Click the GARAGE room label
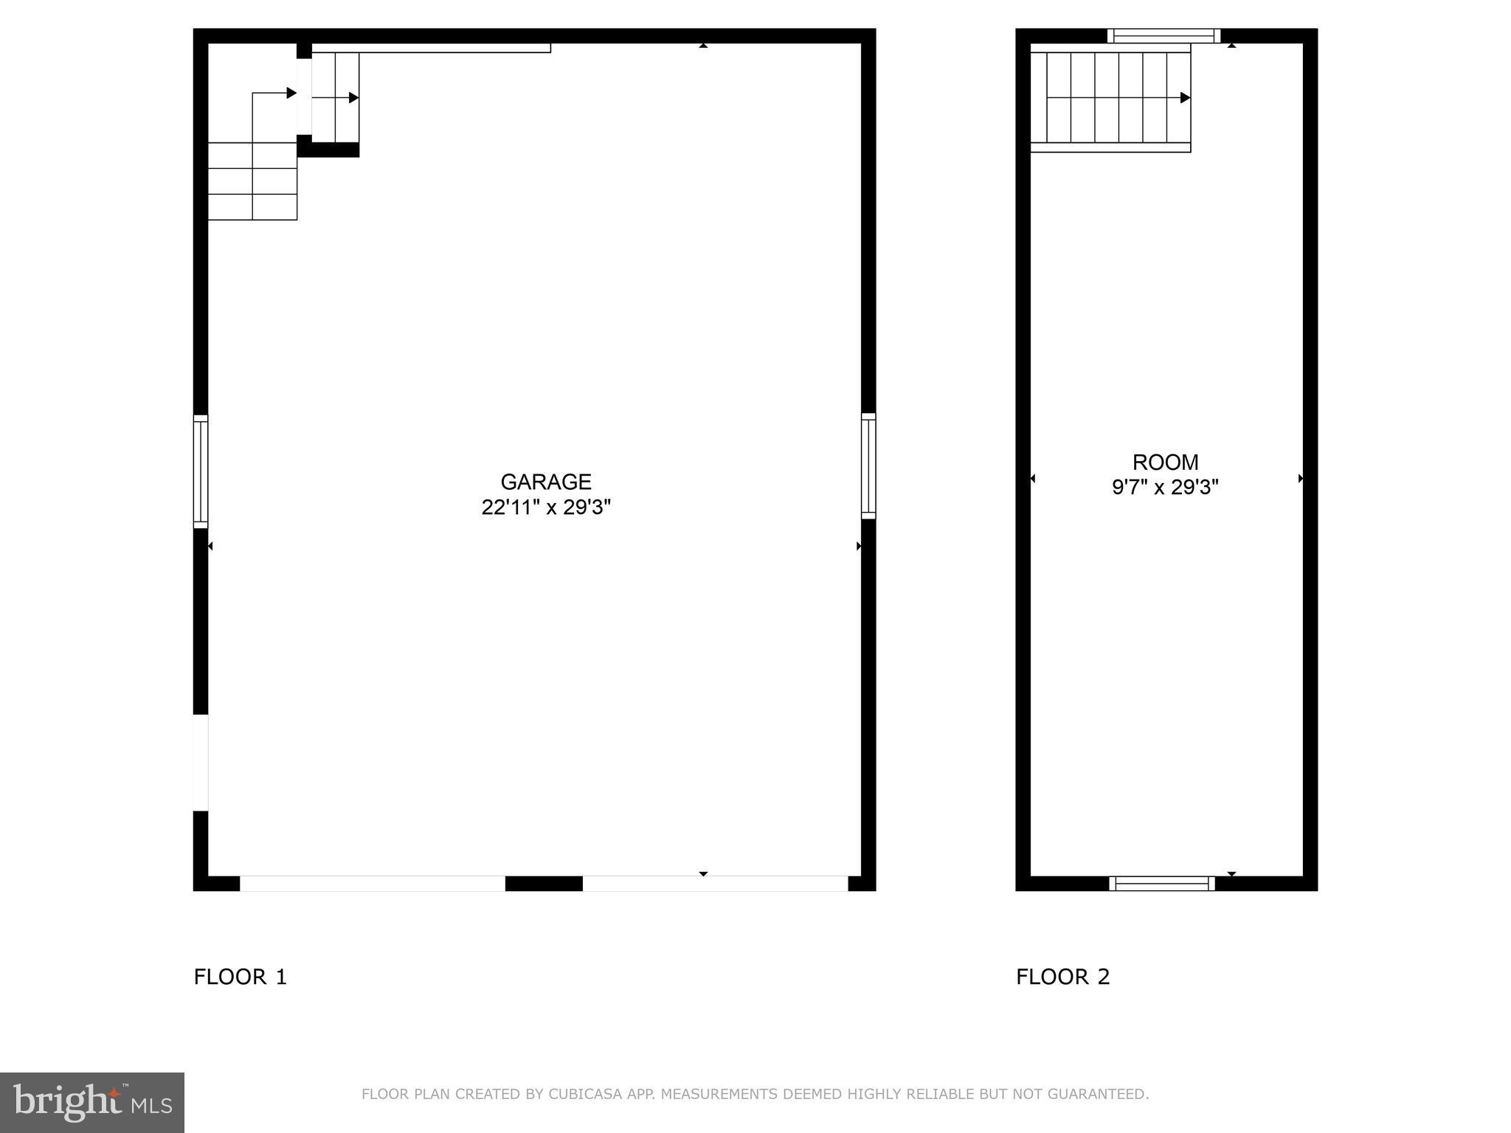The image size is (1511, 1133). [546, 482]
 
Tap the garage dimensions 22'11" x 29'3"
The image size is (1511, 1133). [546, 507]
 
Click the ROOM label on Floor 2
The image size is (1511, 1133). [1165, 462]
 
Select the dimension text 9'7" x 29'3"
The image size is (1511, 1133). [1165, 488]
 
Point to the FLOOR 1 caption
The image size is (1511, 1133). [240, 977]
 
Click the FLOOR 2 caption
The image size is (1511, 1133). [1062, 977]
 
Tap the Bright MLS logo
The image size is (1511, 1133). [92, 1102]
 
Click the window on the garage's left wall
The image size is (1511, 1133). [201, 471]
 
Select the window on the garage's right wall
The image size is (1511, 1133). [868, 465]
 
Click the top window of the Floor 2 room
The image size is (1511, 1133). [1163, 36]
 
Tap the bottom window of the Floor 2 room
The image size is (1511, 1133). [1162, 883]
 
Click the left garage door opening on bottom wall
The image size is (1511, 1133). [373, 883]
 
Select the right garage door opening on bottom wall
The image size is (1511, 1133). [715, 883]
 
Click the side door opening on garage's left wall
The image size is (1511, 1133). [201, 763]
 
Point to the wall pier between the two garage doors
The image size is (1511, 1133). [544, 883]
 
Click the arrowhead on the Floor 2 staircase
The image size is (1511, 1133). [1185, 97]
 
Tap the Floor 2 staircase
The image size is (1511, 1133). [1110, 97]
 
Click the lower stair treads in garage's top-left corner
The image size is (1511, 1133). [252, 181]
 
